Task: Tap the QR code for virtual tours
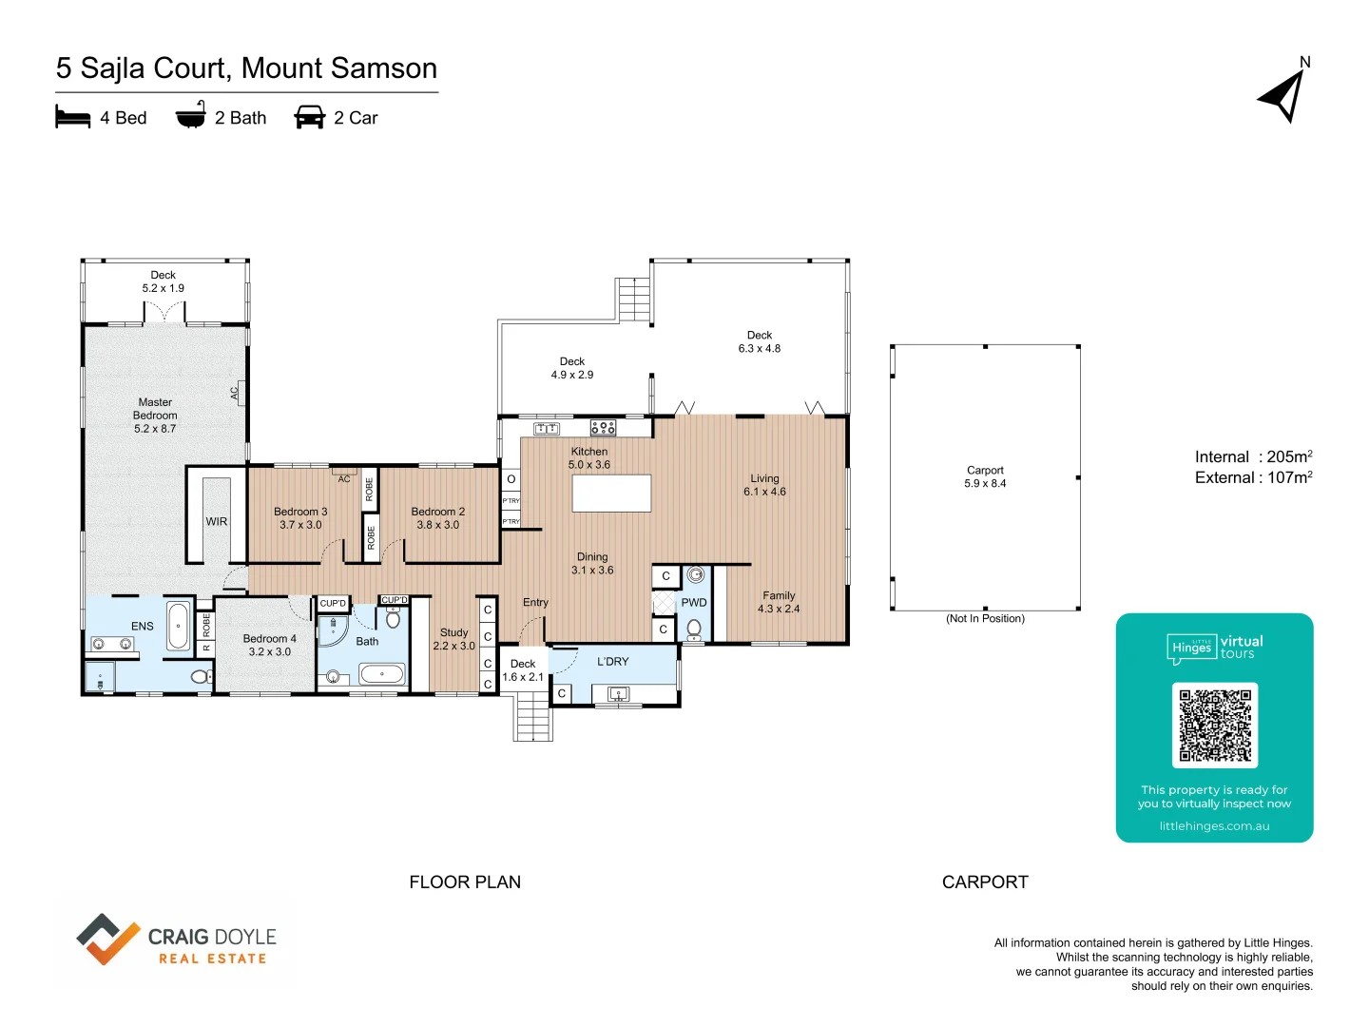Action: pos(1214,725)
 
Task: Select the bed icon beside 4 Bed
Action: pos(73,117)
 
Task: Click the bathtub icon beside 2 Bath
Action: pos(191,115)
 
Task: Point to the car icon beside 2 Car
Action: pos(310,117)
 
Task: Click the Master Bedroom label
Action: pos(155,416)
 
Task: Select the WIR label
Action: pos(217,521)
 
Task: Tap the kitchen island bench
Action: pos(611,494)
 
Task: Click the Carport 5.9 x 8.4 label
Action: pos(985,476)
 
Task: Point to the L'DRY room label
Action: pos(612,661)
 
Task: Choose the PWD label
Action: pos(694,602)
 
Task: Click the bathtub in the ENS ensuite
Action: pos(178,626)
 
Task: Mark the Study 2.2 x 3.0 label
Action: pos(453,639)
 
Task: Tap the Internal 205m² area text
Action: pos(1253,456)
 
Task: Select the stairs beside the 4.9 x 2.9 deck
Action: pos(633,300)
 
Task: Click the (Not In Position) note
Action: pos(985,618)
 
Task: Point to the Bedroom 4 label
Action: pos(269,645)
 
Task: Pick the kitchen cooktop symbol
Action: pos(604,428)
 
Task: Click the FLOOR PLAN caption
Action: pos(465,882)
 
